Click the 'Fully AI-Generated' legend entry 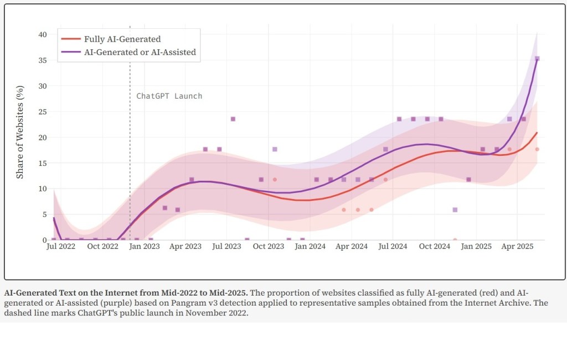(122, 39)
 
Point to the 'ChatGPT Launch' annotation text (169, 96)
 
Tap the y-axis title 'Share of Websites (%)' (20, 132)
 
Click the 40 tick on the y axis (42, 34)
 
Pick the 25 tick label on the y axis (42, 111)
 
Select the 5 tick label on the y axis (44, 215)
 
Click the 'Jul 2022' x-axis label (60, 246)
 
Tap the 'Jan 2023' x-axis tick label (144, 246)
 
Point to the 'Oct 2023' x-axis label (268, 246)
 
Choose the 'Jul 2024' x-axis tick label (393, 246)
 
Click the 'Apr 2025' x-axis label (517, 246)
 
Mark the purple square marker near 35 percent (537, 58)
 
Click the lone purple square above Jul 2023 (233, 119)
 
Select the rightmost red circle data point (537, 149)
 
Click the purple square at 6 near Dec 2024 (455, 210)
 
